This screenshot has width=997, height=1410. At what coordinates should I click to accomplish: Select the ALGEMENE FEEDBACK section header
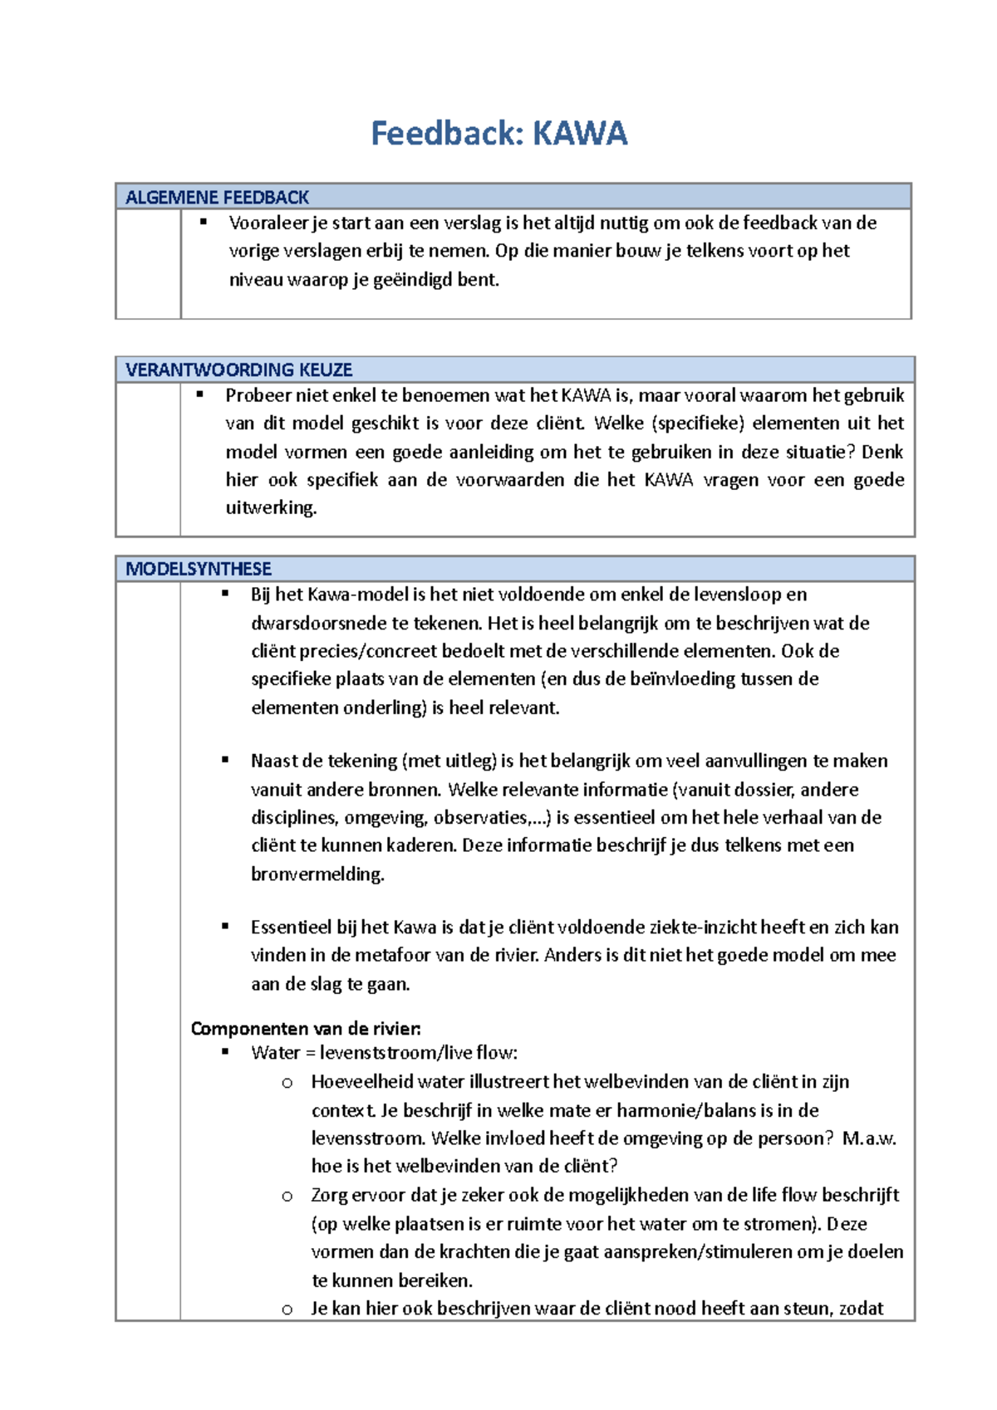click(x=217, y=198)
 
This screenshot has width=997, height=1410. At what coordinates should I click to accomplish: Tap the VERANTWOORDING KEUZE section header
click(x=239, y=370)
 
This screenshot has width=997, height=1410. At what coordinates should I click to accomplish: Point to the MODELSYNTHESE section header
click(x=199, y=570)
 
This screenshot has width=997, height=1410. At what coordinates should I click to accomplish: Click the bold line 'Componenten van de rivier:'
click(x=306, y=1029)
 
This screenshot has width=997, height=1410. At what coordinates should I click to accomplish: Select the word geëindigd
click(x=413, y=280)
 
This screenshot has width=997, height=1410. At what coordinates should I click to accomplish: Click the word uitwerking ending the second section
click(x=271, y=508)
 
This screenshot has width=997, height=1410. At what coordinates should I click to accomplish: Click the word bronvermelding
click(x=317, y=874)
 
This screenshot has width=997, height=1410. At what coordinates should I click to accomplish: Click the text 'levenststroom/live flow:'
click(x=419, y=1054)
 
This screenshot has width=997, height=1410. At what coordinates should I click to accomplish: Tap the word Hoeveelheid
click(x=361, y=1082)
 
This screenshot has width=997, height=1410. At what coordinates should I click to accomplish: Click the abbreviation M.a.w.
click(x=869, y=1138)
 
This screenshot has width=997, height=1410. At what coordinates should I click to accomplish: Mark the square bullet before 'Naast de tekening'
click(x=225, y=760)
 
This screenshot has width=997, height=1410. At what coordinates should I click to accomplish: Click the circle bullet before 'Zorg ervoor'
click(x=287, y=1197)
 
